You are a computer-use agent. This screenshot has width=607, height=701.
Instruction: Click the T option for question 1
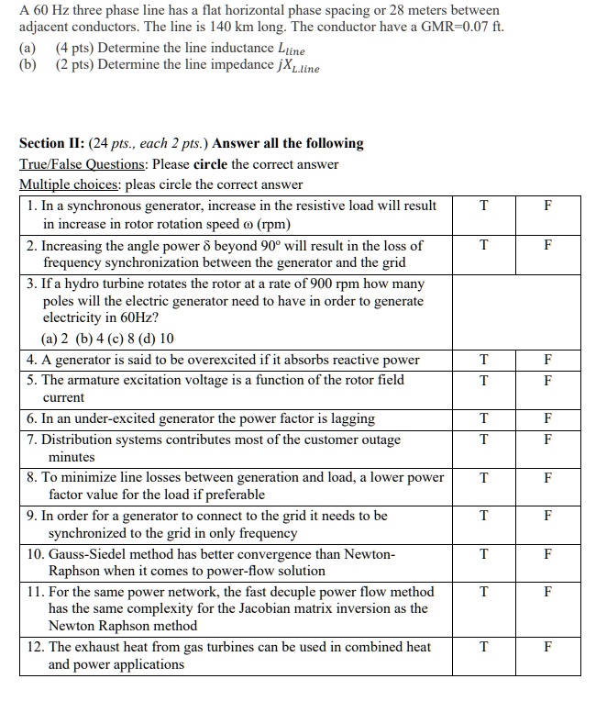[x=483, y=206]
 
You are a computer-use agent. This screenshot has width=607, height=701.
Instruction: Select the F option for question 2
[x=547, y=246]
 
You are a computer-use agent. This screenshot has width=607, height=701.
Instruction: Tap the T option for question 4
[x=483, y=360]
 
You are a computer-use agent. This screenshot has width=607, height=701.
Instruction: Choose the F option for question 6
[x=547, y=418]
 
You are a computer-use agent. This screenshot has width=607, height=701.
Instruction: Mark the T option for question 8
[x=483, y=477]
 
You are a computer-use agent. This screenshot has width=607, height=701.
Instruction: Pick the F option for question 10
[x=547, y=554]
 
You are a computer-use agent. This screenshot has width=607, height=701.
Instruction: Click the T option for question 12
[x=483, y=647]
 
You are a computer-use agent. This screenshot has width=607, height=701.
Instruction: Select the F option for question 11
[x=547, y=592]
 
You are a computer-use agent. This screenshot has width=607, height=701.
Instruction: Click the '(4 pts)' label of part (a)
[x=77, y=47]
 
